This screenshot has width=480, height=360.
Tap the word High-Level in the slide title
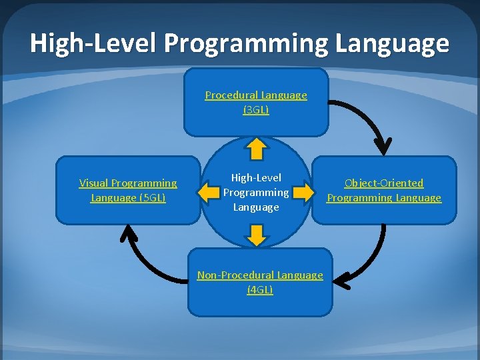tap(93, 44)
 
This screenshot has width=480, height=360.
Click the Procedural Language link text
tap(256, 95)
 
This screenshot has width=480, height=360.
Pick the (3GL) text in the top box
tap(256, 109)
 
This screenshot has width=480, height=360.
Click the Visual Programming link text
tap(128, 183)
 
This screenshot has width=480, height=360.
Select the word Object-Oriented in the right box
tap(384, 183)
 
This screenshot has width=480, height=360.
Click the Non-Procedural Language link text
tap(260, 275)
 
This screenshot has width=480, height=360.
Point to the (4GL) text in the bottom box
tap(260, 289)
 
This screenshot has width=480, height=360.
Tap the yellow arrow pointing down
tap(257, 234)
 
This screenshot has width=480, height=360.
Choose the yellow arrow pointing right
tap(304, 193)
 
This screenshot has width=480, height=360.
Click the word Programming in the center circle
tap(256, 192)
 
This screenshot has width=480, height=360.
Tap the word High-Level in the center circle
tap(256, 177)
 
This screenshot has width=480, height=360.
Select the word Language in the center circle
tap(256, 207)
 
